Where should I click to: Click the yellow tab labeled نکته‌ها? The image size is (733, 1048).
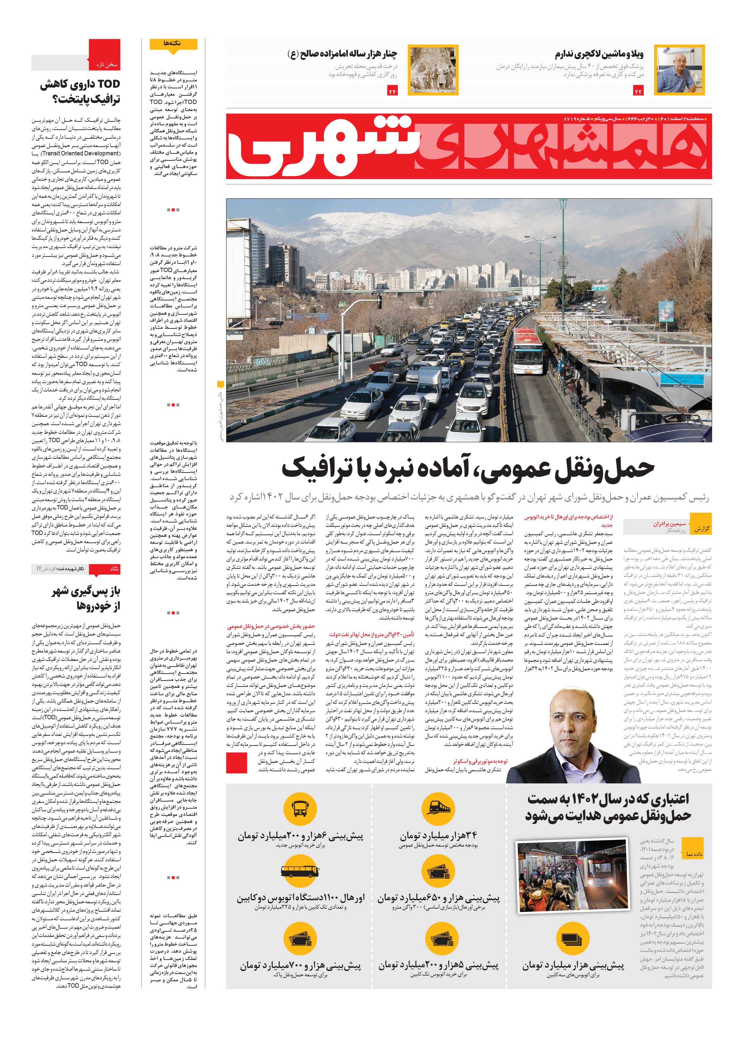click(x=173, y=43)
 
